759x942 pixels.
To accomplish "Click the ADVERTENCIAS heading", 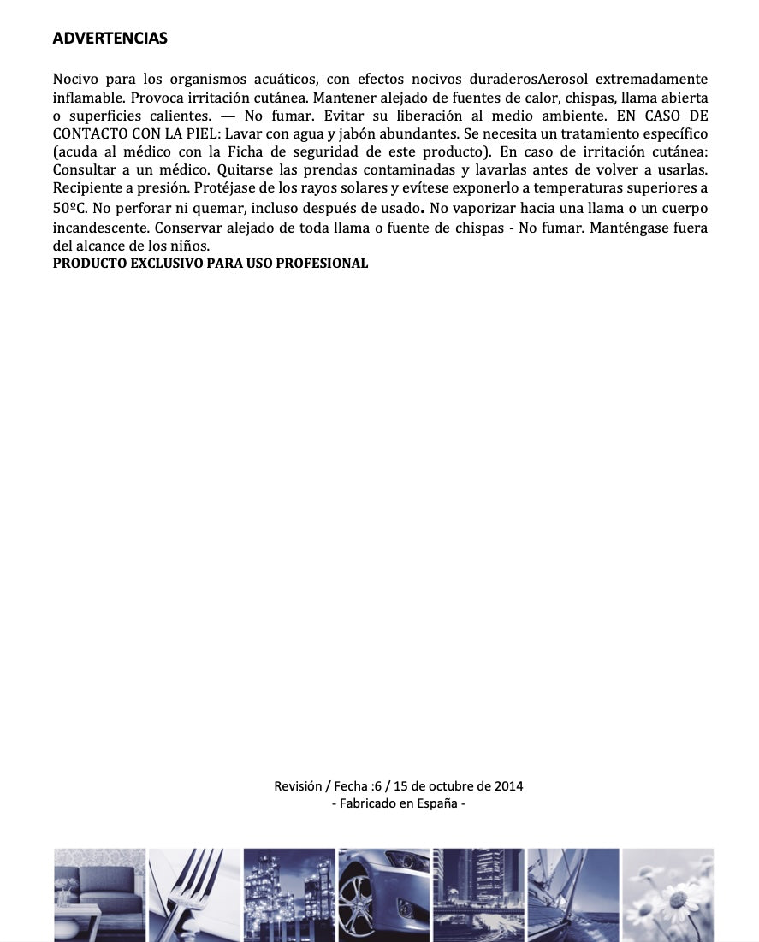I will click(x=110, y=39).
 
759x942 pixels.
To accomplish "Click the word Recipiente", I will click(x=88, y=188).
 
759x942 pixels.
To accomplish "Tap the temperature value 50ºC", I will click(x=68, y=208).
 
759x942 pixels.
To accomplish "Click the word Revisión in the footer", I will click(x=298, y=786).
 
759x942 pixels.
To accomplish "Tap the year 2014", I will click(x=508, y=786).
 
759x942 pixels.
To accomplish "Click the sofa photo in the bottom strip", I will click(x=99, y=894).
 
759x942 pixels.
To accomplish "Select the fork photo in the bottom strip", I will click(x=194, y=894).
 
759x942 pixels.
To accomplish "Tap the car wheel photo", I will click(x=383, y=894).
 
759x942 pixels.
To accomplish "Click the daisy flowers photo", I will click(x=667, y=894).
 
